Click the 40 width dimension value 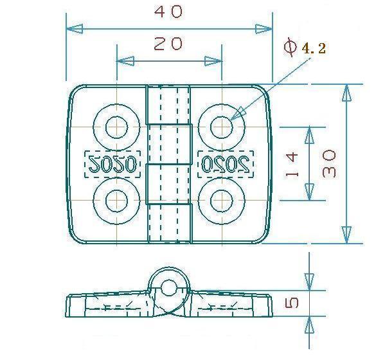168,12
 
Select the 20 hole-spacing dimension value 168,44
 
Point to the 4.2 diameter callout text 314,48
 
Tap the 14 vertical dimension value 292,165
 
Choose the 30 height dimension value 329,163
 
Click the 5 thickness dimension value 292,303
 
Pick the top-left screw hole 116,127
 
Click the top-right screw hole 222,127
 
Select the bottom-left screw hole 116,201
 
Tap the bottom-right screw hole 222,201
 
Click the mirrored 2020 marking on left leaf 112,164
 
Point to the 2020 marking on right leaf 226,164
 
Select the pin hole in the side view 168,288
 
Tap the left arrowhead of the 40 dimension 75,29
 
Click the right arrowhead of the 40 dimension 264,29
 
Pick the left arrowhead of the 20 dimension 125,61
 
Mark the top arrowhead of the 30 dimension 346,93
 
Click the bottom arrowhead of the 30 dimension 346,235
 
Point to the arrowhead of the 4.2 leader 238,113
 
